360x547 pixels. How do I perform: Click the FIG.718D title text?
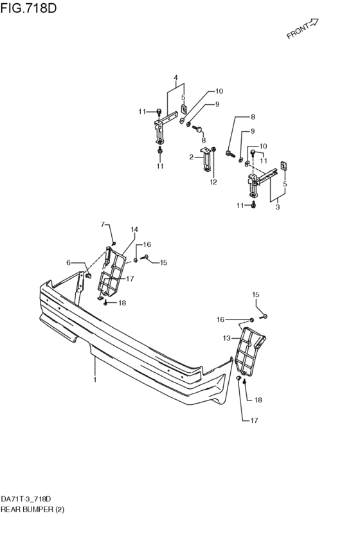click(28, 8)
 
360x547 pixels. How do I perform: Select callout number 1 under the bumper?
click(94, 379)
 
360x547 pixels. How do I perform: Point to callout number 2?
click(191, 157)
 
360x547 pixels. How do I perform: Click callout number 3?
click(277, 207)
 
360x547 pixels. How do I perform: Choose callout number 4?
click(175, 77)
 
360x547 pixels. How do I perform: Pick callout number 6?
click(68, 262)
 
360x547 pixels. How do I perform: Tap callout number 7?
click(103, 224)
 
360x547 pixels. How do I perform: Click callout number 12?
click(213, 182)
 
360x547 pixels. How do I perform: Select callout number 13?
click(227, 338)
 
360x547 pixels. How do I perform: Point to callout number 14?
click(134, 229)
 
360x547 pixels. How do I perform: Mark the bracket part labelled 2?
click(206, 159)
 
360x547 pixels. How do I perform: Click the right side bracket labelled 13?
click(251, 350)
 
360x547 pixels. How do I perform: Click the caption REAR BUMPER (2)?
click(32, 509)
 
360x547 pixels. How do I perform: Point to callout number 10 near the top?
click(219, 91)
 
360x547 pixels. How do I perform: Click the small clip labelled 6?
click(88, 276)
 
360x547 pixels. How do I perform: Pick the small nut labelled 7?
click(114, 243)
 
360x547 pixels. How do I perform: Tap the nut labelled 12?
click(214, 149)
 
